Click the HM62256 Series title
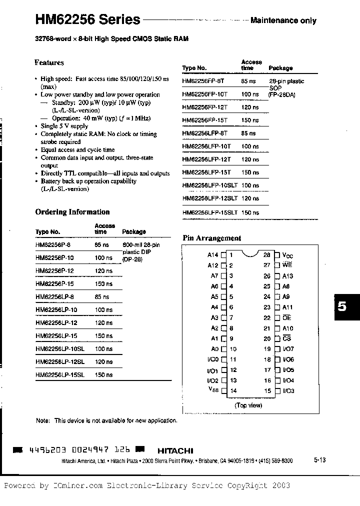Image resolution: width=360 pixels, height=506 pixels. [87, 19]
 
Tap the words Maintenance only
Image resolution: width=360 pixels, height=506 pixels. [283, 20]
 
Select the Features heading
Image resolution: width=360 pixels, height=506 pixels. [49, 62]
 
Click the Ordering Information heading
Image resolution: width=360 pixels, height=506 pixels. [72, 212]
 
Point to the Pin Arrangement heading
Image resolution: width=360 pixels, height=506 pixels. [211, 238]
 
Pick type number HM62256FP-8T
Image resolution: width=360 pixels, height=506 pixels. [205, 81]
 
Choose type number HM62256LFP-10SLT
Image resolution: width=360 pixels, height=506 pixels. [210, 185]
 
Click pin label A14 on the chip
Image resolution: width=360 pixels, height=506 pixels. [213, 254]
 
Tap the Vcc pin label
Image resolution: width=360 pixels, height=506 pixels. [287, 255]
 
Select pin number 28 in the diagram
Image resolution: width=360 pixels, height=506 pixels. [267, 254]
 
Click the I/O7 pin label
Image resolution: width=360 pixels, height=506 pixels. [288, 349]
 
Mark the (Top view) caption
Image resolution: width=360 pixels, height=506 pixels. [248, 405]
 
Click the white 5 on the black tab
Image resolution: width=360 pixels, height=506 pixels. [342, 306]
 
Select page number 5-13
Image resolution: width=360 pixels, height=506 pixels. [320, 460]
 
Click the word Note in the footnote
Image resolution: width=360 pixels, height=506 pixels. [42, 421]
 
